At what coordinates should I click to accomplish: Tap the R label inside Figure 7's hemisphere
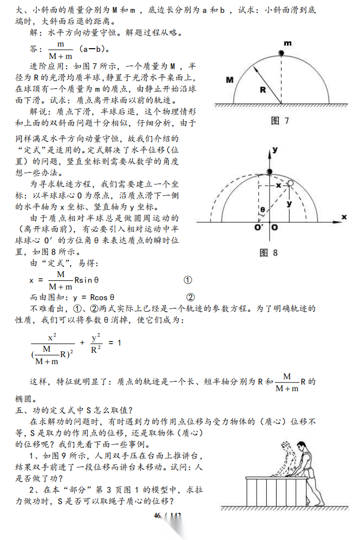pyautogui.click(x=262, y=90)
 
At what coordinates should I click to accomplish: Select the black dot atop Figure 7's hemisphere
pyautogui.click(x=282, y=52)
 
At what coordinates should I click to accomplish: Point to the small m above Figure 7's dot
pyautogui.click(x=287, y=43)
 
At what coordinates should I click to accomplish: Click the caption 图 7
pyautogui.click(x=280, y=120)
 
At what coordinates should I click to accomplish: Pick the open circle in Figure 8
pyautogui.click(x=291, y=185)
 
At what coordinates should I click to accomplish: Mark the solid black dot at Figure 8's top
pyautogui.click(x=271, y=172)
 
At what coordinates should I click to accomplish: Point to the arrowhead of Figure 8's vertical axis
pyautogui.click(x=271, y=153)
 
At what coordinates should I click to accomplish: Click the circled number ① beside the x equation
pyautogui.click(x=188, y=280)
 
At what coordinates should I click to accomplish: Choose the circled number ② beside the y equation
pyautogui.click(x=190, y=297)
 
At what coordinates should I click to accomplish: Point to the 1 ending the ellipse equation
pyautogui.click(x=119, y=343)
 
